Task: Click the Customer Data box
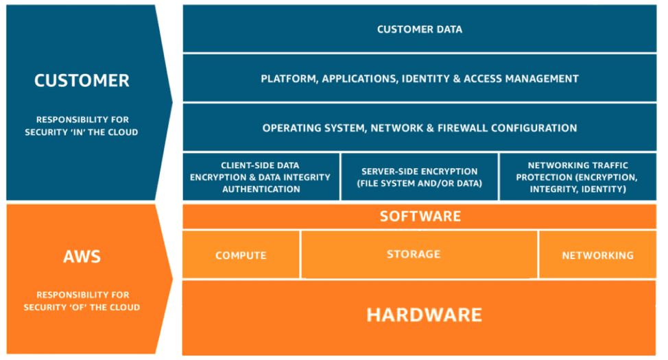click(419, 29)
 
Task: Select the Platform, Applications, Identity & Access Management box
click(419, 79)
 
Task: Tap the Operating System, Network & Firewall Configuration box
click(419, 128)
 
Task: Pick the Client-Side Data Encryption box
click(261, 177)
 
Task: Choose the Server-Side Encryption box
click(419, 177)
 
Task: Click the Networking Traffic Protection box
click(577, 177)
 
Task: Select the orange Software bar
click(419, 217)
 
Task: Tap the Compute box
click(241, 255)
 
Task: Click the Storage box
click(419, 254)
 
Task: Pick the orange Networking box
click(597, 255)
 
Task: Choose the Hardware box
click(419, 316)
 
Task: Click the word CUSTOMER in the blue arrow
click(82, 80)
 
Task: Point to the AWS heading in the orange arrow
click(82, 257)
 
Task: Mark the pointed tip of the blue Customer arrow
click(172, 103)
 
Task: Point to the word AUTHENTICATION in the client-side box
click(261, 189)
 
